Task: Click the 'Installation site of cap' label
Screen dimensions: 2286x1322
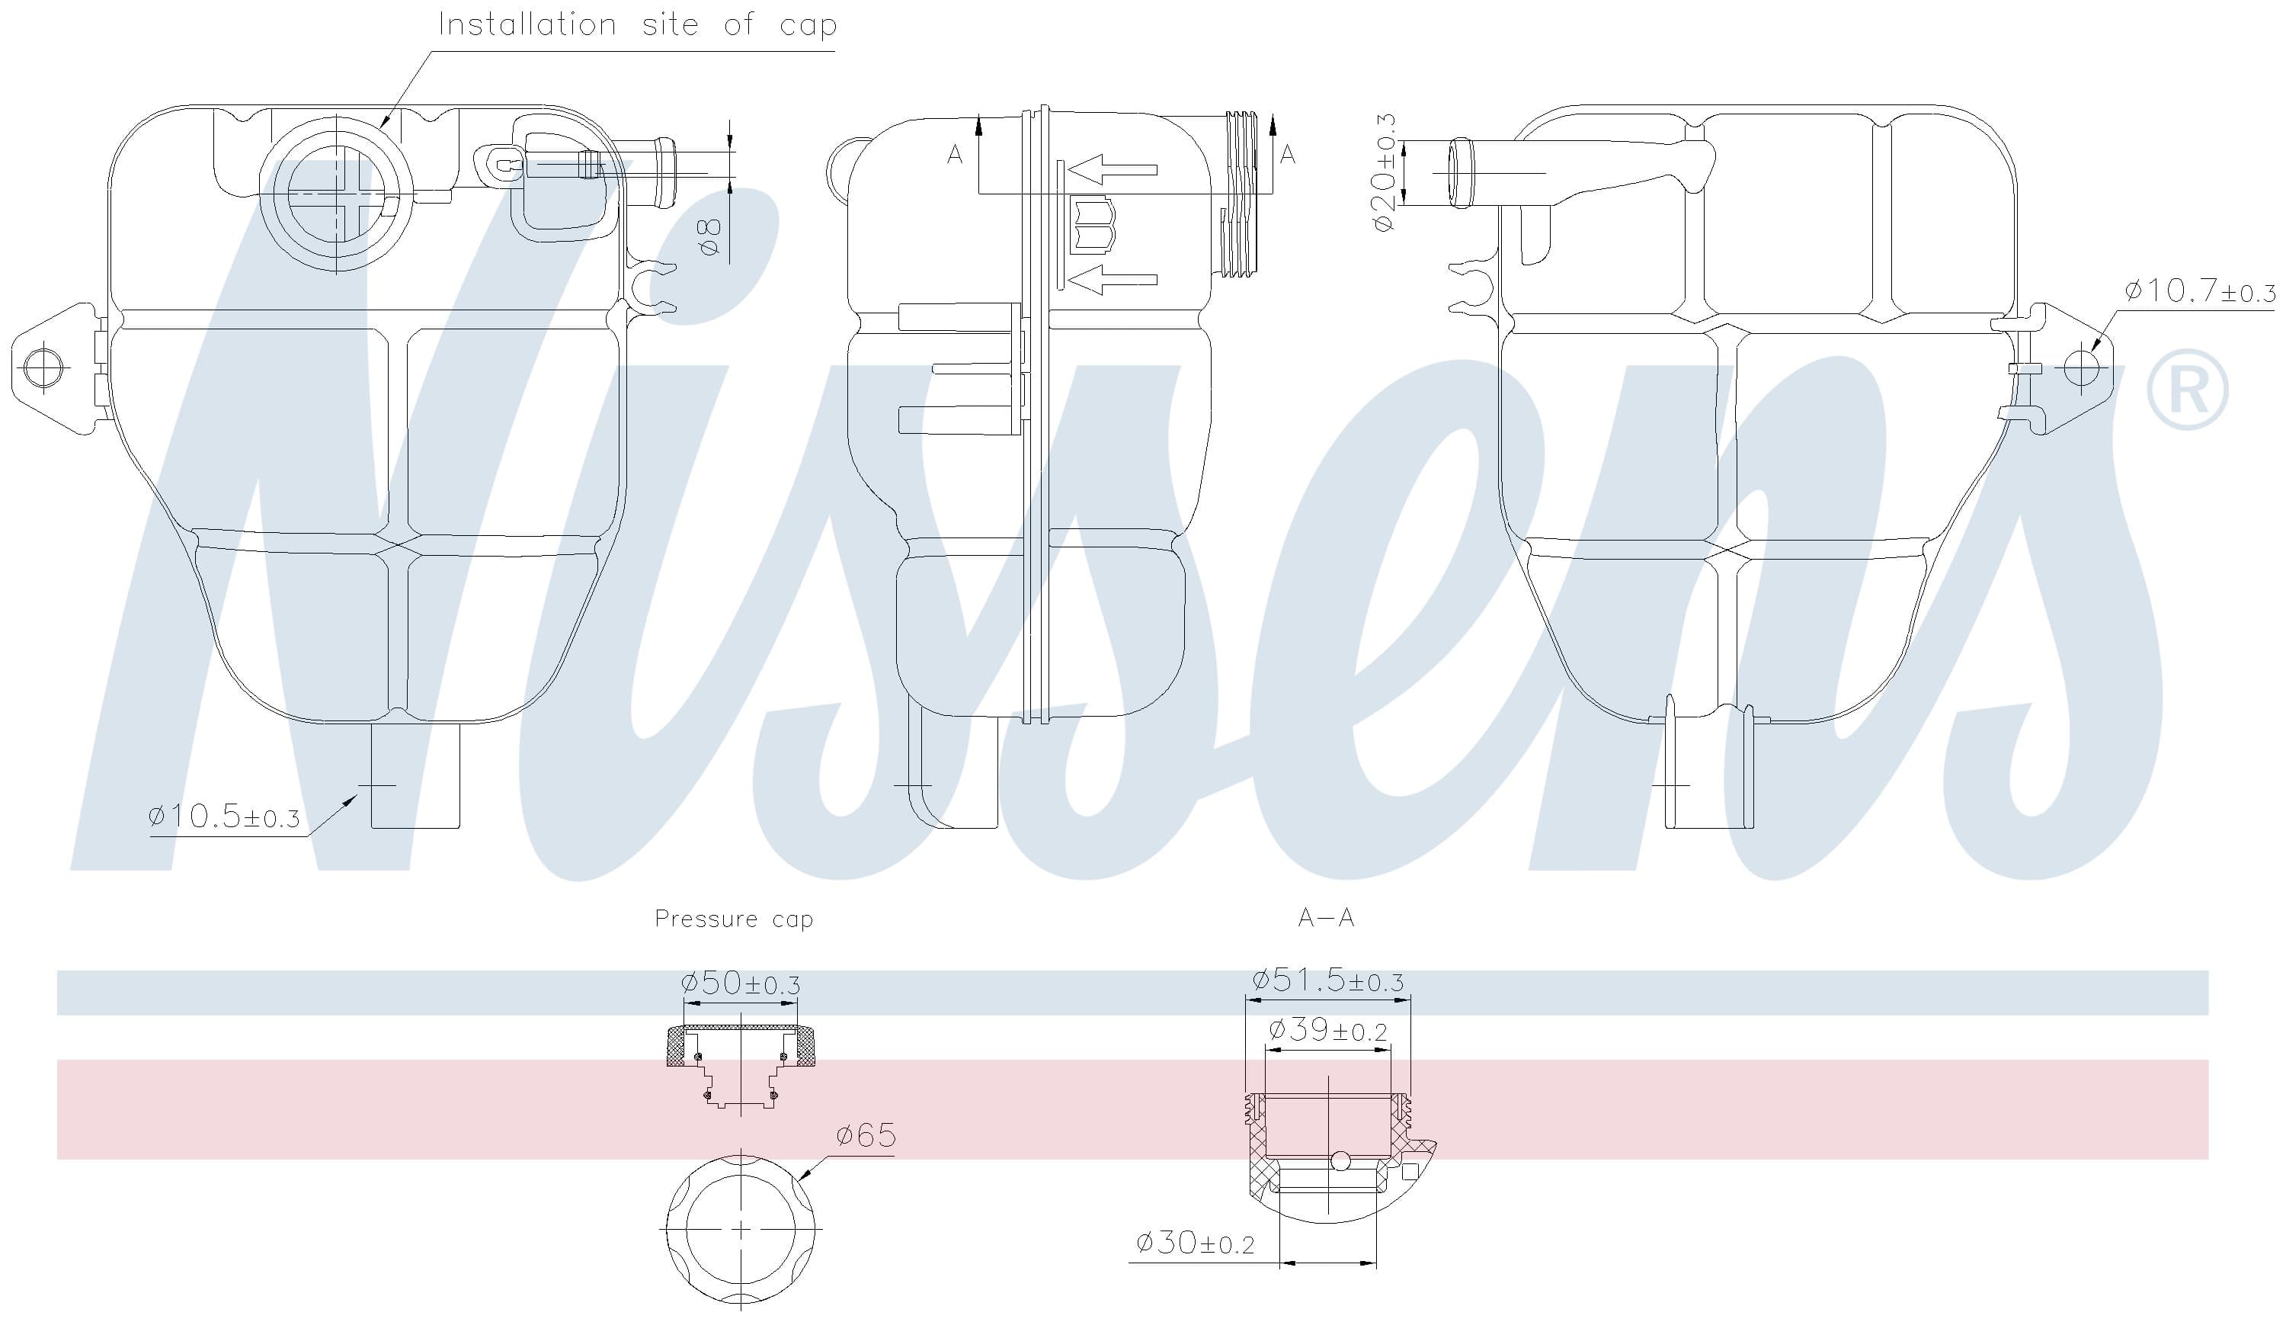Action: pyautogui.click(x=638, y=24)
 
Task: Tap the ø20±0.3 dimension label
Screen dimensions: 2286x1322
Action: pyautogui.click(x=1385, y=172)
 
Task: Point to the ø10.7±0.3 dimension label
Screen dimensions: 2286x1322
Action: pyautogui.click(x=2199, y=290)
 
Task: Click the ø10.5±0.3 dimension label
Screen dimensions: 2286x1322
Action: pyautogui.click(x=223, y=816)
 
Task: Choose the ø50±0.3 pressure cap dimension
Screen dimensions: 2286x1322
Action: pyautogui.click(x=740, y=983)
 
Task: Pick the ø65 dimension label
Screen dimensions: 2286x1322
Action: pyautogui.click(x=866, y=1135)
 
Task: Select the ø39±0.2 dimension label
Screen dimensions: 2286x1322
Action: pyautogui.click(x=1327, y=1030)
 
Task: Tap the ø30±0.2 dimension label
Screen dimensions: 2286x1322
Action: pyautogui.click(x=1195, y=1242)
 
